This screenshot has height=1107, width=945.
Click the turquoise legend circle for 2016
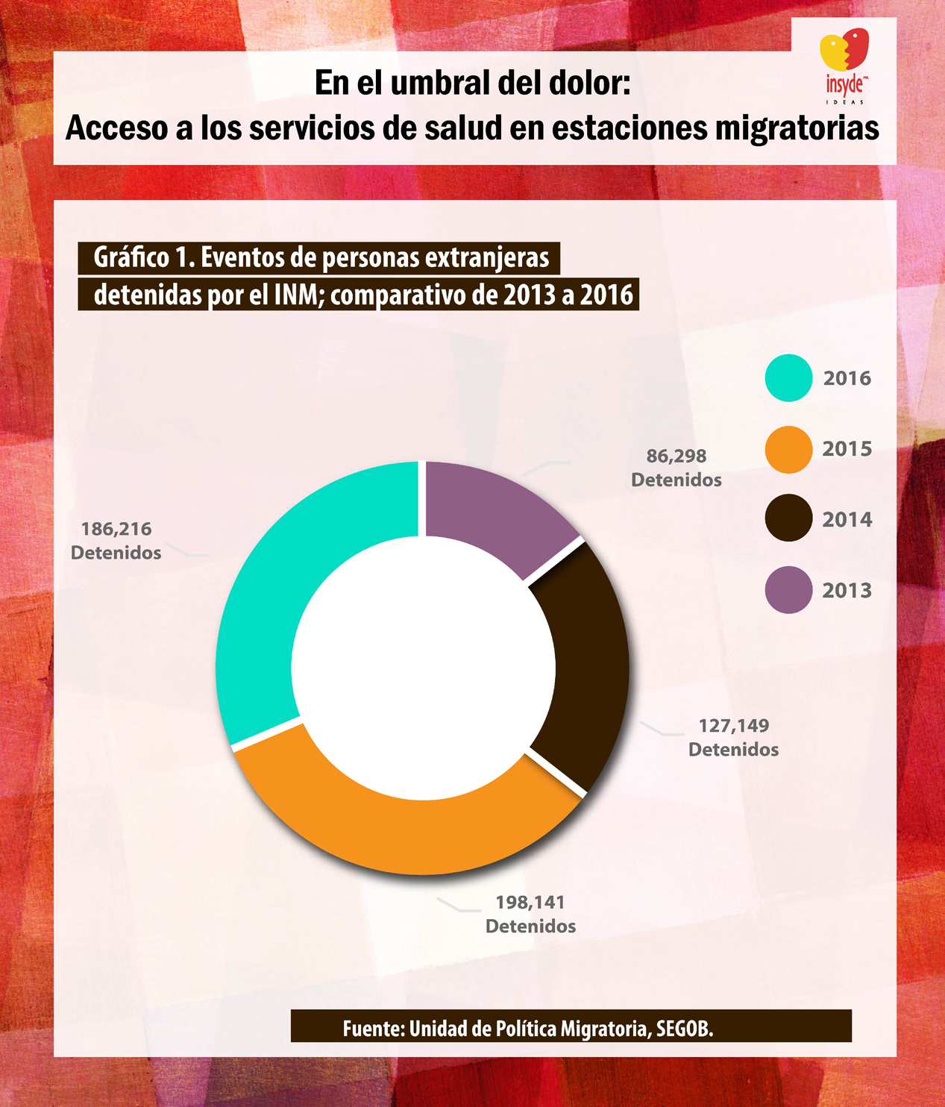click(x=788, y=378)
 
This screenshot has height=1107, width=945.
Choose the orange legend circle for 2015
click(x=788, y=449)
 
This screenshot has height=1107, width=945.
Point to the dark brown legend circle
click(x=788, y=519)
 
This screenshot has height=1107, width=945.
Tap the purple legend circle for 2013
click(x=788, y=590)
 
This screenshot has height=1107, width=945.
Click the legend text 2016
click(x=847, y=378)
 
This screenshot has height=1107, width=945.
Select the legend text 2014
click(x=847, y=519)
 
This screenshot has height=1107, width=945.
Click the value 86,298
click(x=676, y=456)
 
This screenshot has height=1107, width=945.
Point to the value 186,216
click(x=116, y=529)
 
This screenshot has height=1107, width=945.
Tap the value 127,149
click(x=733, y=726)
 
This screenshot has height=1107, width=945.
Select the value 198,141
click(x=530, y=903)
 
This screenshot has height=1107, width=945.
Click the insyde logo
click(x=844, y=67)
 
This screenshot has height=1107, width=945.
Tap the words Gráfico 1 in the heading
click(x=142, y=258)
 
